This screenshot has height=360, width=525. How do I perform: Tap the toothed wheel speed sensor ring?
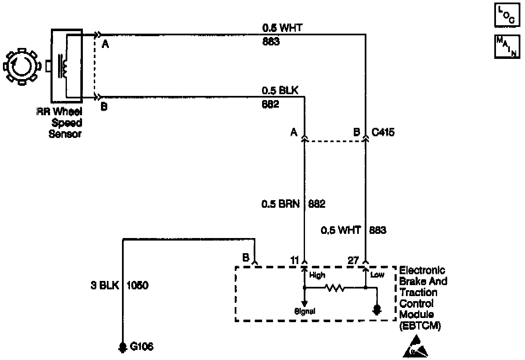coord(21,66)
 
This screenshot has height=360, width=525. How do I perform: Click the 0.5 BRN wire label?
coord(280,204)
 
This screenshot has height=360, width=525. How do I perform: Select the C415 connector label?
coord(383,132)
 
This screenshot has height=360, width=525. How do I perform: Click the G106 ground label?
coord(141,347)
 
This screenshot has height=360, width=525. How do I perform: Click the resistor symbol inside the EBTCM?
coord(335,289)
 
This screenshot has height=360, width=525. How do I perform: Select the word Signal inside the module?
coord(305,311)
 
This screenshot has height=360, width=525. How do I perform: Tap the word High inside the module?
coord(317,275)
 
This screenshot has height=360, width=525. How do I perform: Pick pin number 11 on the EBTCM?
coord(294,261)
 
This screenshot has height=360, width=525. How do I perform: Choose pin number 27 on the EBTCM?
coord(353,261)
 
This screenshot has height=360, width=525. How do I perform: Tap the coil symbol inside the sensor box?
coord(63,66)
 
